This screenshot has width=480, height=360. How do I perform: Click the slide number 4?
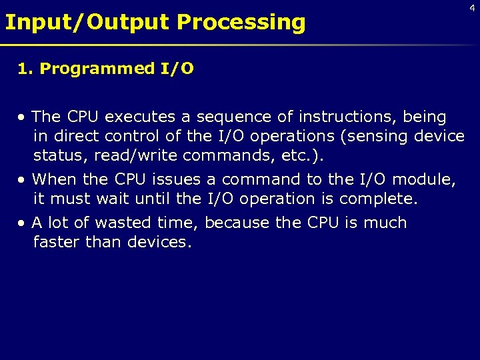[x=472, y=7]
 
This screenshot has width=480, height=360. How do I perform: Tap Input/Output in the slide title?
[x=87, y=22]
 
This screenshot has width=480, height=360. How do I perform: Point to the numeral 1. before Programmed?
[x=25, y=69]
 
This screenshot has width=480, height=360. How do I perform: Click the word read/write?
[x=135, y=155]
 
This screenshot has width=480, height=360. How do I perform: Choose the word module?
[x=426, y=179]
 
